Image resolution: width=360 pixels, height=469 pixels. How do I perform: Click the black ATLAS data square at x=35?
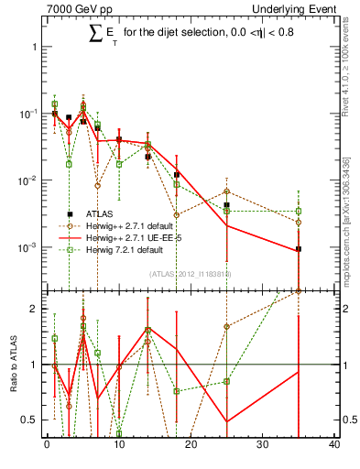[299, 249]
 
